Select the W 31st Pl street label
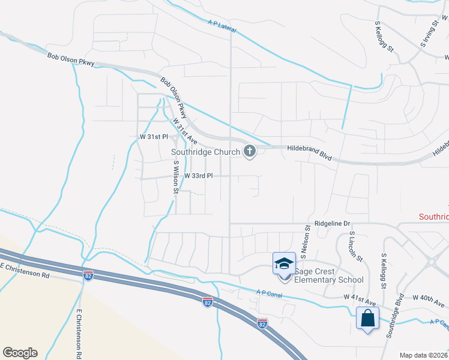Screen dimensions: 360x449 pos(154,137)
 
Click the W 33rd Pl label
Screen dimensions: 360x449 pos(199,176)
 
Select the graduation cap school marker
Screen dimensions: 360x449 pos(285,264)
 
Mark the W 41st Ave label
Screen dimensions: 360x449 pos(360,297)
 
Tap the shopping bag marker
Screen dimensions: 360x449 pos(367,318)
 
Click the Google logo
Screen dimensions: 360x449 pos(20,353)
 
